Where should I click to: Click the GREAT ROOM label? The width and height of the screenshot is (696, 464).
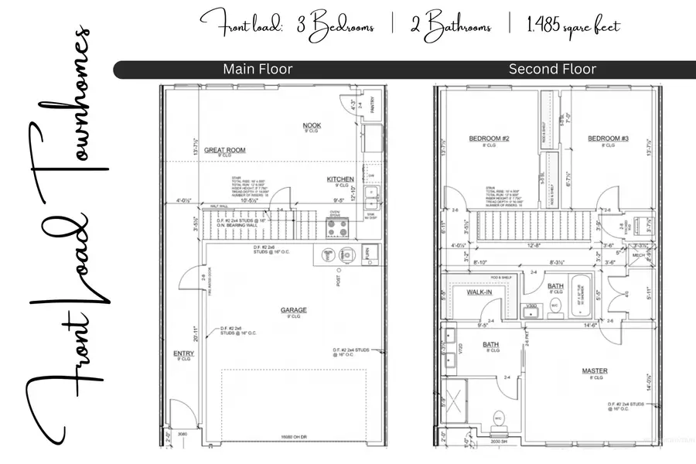click(x=224, y=152)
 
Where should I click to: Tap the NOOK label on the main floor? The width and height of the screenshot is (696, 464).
click(x=312, y=125)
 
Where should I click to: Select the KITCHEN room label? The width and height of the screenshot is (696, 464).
click(x=340, y=179)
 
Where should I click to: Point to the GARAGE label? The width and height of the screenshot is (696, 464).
click(x=293, y=310)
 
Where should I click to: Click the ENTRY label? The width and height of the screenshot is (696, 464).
click(x=183, y=354)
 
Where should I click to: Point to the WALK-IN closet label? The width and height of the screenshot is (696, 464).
click(x=479, y=293)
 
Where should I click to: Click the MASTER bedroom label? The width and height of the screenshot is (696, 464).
click(x=594, y=371)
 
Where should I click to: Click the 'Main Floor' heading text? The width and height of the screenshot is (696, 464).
click(x=258, y=70)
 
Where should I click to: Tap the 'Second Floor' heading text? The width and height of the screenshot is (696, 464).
click(x=552, y=70)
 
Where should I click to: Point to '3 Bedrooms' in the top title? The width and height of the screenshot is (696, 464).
click(x=336, y=26)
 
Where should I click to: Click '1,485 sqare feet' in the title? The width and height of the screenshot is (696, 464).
click(x=574, y=26)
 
